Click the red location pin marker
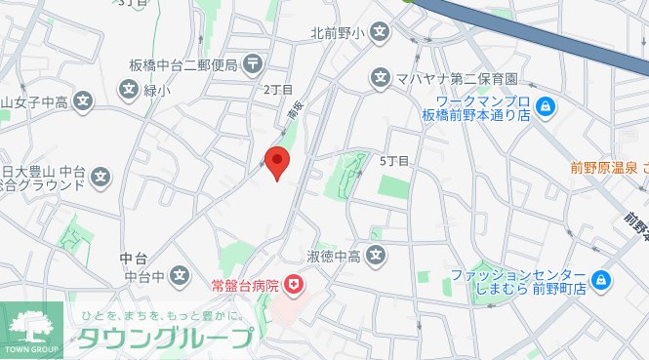279,163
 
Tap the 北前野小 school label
337,33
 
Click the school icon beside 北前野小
381,33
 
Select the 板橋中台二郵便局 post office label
183,65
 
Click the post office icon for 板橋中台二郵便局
253,65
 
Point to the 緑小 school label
157,92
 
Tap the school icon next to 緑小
129,92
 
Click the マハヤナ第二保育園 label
455,77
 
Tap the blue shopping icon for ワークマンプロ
546,107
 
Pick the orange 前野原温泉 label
607,167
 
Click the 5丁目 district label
393,160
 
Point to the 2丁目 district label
278,89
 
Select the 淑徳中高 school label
335,257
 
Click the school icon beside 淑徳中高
378,257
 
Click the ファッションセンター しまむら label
517,282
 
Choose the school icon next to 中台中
179,277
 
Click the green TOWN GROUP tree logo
32,327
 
